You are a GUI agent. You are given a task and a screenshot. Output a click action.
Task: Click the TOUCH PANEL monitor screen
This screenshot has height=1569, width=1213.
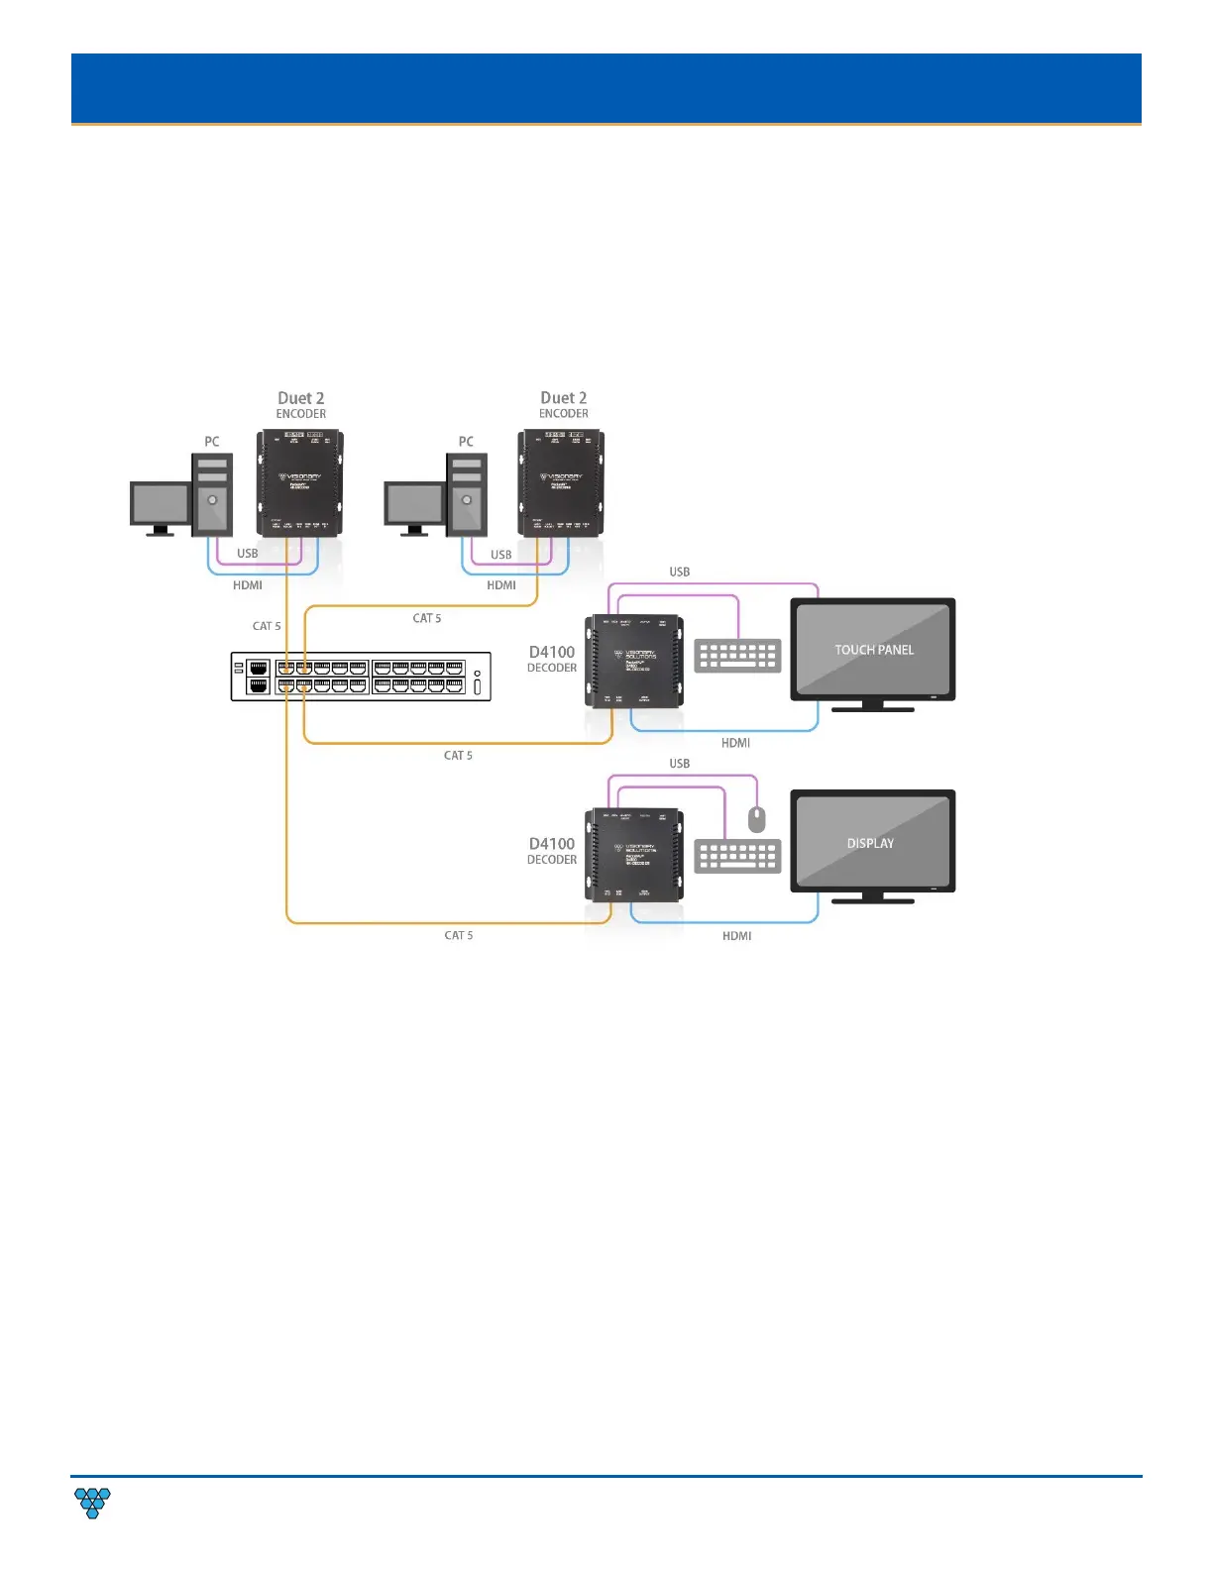tap(873, 649)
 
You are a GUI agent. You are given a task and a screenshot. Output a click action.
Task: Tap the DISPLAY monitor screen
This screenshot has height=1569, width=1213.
tap(873, 841)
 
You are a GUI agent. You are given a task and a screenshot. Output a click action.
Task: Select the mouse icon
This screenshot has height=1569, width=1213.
tap(757, 819)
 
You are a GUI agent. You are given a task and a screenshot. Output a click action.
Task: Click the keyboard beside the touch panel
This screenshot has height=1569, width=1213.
tap(737, 656)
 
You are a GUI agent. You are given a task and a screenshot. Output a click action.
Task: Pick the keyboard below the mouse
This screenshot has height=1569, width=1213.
tap(737, 857)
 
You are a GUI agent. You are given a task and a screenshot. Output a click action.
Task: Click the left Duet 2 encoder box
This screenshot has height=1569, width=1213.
tap(300, 482)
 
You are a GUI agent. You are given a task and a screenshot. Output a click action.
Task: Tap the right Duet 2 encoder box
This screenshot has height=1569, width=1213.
tap(562, 482)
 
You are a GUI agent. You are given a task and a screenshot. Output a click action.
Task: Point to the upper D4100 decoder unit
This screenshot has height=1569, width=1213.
tap(634, 661)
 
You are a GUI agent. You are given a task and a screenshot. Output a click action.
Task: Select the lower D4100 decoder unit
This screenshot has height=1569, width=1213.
tap(634, 854)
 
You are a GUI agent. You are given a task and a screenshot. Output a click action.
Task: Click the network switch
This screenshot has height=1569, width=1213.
tap(361, 677)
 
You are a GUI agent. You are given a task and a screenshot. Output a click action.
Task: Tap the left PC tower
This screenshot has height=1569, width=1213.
tap(211, 494)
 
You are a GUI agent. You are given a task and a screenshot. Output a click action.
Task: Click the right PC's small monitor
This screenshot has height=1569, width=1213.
tap(414, 504)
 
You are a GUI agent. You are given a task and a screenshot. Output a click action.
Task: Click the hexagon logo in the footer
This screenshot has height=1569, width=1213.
tap(92, 1503)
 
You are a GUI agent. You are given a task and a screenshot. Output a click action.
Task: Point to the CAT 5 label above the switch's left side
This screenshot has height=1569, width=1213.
tap(267, 626)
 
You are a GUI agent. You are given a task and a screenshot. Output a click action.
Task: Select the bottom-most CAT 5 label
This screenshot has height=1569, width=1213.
tap(458, 935)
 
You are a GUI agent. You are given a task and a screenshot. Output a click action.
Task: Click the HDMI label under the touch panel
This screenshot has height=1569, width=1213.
tap(735, 743)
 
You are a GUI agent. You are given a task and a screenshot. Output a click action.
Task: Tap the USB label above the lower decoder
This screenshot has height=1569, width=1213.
tap(679, 764)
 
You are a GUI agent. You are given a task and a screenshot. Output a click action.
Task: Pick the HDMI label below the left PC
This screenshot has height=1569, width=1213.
tap(248, 585)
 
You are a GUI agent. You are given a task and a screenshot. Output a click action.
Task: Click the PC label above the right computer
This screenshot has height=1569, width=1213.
tap(466, 442)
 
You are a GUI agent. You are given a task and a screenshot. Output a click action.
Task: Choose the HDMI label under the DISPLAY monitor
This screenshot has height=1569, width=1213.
tap(736, 936)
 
